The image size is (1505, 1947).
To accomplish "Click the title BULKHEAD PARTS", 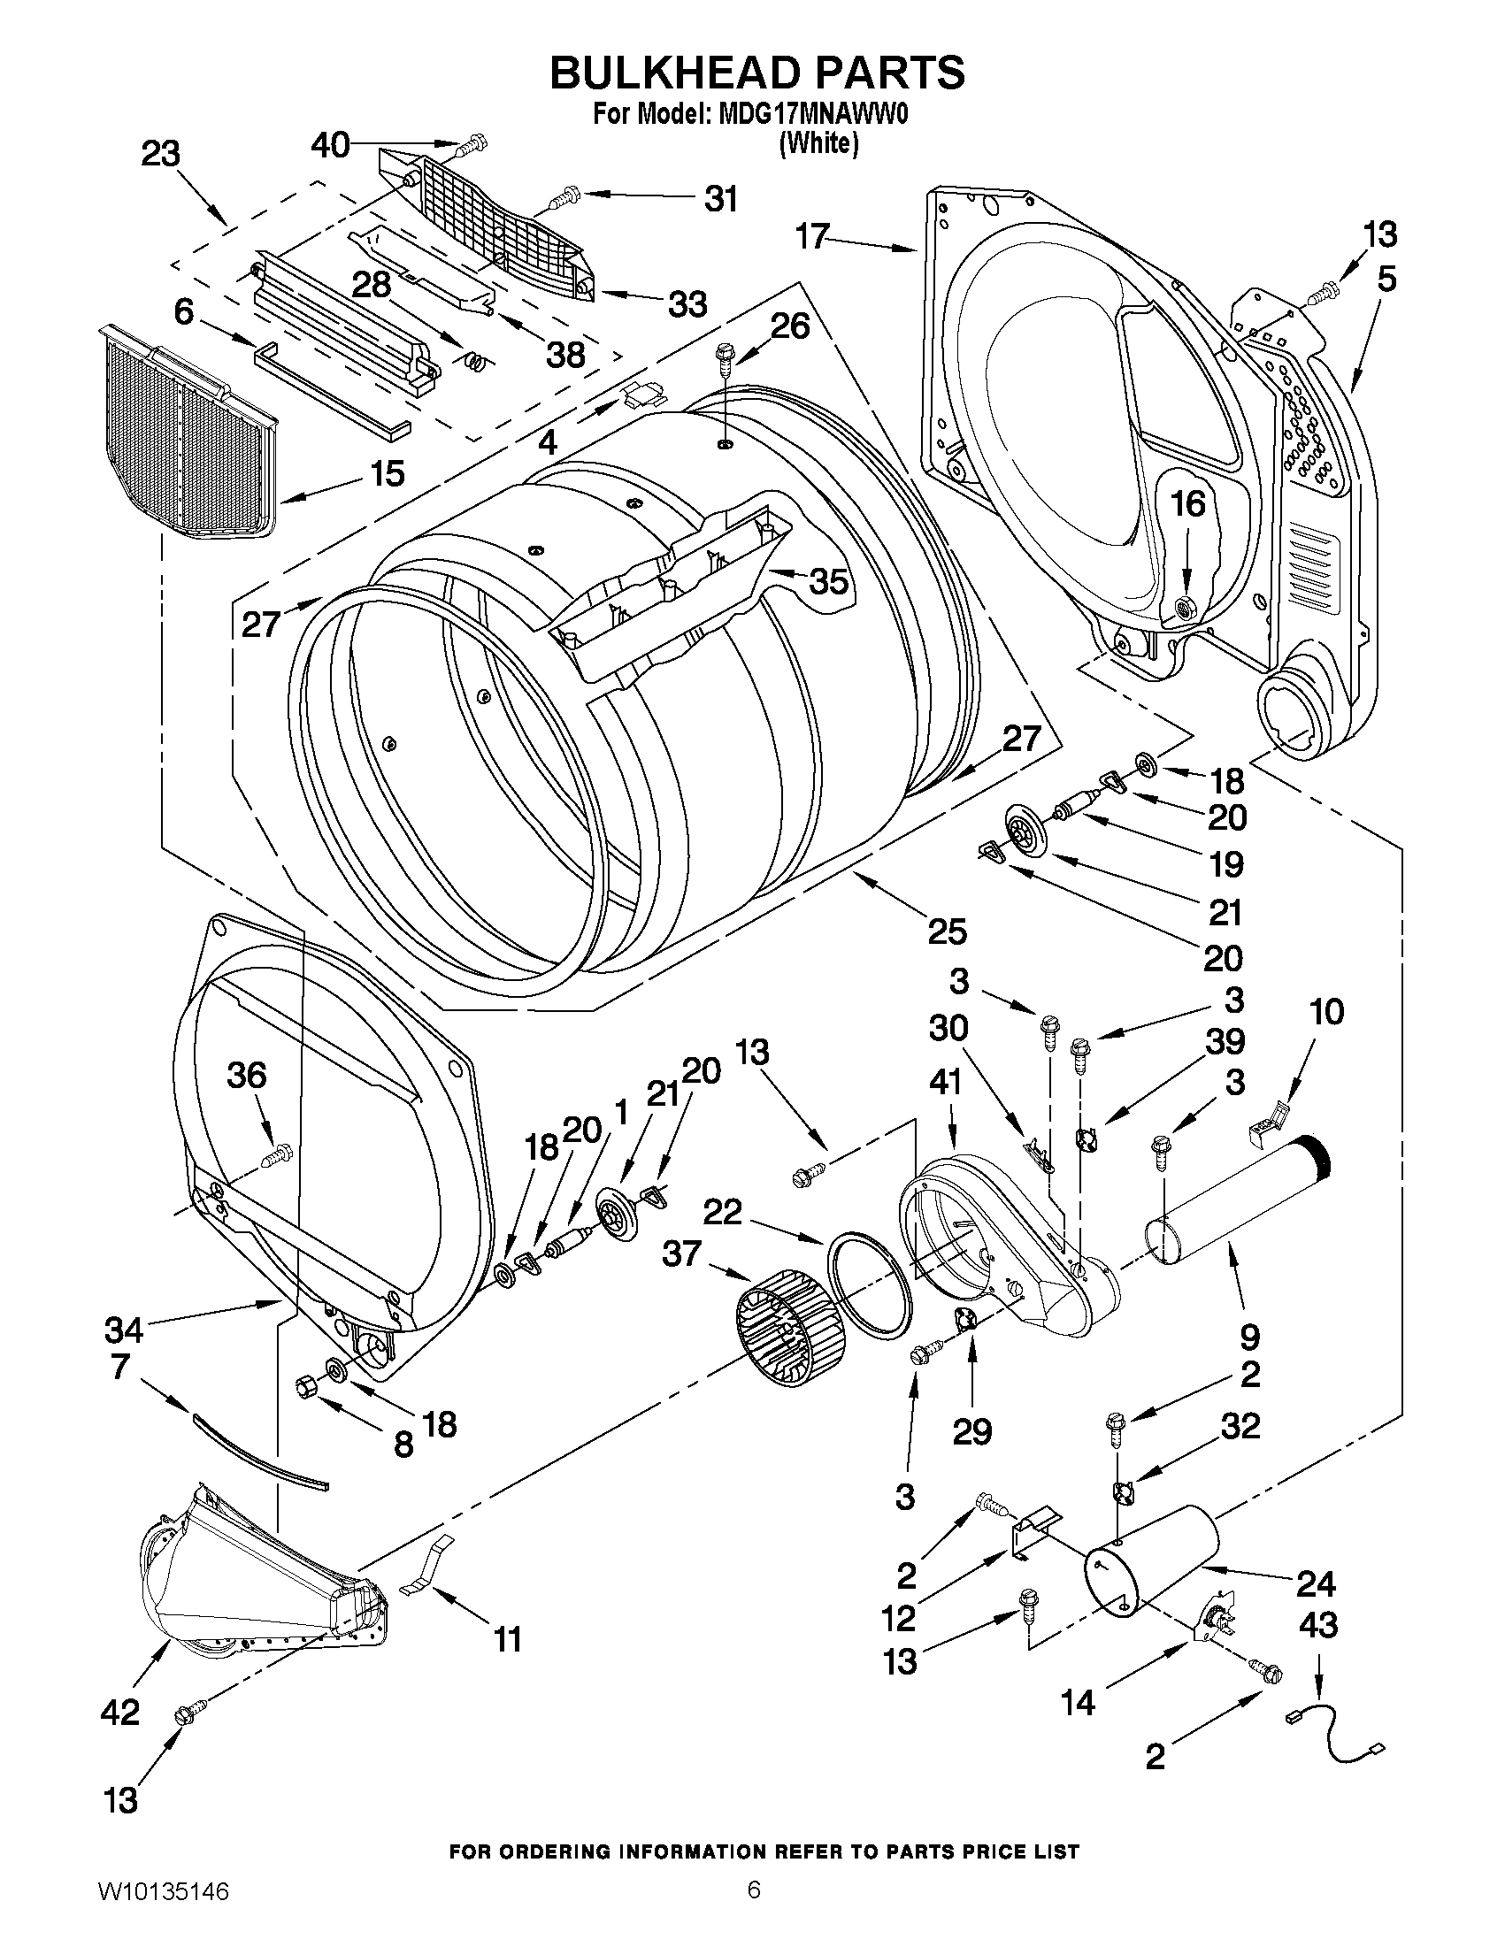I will (x=756, y=73).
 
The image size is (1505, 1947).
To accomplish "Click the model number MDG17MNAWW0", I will (x=812, y=116).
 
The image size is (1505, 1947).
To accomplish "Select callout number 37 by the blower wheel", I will (x=682, y=1254).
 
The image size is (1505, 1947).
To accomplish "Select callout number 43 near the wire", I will (x=1317, y=1625).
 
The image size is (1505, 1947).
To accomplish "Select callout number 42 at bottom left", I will (x=120, y=1712).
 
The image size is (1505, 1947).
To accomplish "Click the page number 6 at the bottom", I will (x=754, y=1908).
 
